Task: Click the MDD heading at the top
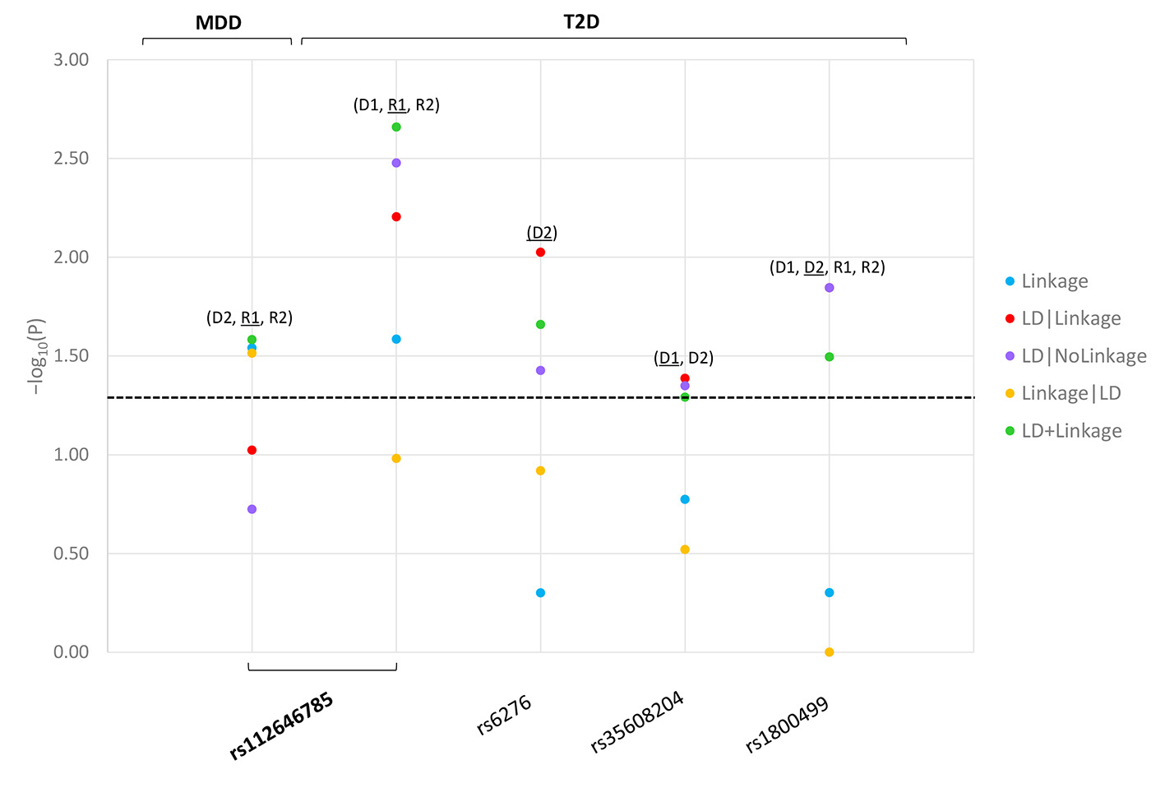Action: (x=218, y=22)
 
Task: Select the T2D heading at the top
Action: (x=581, y=21)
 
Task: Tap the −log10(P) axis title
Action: (x=38, y=355)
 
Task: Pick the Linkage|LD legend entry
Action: (x=1070, y=393)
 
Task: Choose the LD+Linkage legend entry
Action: (x=1070, y=431)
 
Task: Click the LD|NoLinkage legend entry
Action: (x=1083, y=356)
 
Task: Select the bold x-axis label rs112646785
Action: (x=281, y=726)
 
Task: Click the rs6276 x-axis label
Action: (x=505, y=716)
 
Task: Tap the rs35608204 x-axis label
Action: (x=637, y=722)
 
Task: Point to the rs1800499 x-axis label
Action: (x=786, y=725)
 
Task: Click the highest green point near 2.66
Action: (x=396, y=127)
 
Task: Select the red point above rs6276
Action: (x=540, y=252)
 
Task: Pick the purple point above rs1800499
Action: (x=829, y=288)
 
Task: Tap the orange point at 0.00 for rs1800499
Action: (x=829, y=652)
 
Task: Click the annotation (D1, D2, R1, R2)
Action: (x=827, y=267)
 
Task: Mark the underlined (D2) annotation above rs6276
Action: (x=542, y=233)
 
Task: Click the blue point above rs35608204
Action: (x=685, y=499)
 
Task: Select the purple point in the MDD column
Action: (x=252, y=509)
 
